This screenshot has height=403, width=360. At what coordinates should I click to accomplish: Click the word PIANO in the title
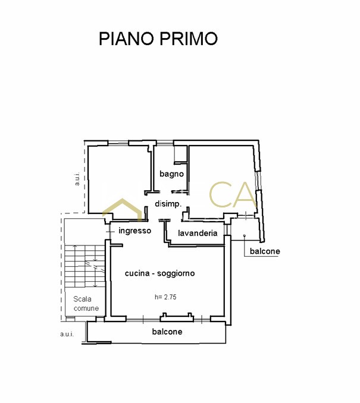pos(127,39)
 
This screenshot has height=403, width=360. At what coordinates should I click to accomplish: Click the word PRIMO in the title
pos(189,39)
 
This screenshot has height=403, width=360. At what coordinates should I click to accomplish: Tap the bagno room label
pos(171,174)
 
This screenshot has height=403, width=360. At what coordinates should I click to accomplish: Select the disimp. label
pos(168,204)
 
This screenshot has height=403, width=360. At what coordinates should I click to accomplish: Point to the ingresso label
pos(134,231)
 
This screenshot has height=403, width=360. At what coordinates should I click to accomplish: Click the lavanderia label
pos(198,233)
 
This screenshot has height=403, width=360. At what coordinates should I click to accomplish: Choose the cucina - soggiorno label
pos(160,273)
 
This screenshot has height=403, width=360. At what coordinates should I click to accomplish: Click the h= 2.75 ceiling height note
pos(165,297)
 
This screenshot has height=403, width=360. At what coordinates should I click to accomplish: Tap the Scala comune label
pos(86,304)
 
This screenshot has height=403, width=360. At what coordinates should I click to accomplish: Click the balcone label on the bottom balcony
pos(167,332)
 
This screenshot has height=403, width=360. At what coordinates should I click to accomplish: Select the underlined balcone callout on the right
pos(265,251)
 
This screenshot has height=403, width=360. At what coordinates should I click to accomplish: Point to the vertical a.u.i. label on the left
pos(77,179)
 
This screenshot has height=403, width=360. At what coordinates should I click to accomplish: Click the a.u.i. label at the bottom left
pos(67,334)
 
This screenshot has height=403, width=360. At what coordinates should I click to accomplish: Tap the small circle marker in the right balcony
pos(245,235)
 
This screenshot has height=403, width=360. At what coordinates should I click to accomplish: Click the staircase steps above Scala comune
pos(84,266)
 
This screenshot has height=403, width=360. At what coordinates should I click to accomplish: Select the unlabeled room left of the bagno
pos(119,180)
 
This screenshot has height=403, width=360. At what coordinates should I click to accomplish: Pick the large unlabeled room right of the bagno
pos(221,180)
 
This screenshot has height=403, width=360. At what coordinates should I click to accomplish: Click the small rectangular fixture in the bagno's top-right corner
pos(180,155)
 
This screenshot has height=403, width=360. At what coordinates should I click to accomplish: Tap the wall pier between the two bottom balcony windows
pos(177,317)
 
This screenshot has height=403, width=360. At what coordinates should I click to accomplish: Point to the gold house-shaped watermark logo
pos(123,209)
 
